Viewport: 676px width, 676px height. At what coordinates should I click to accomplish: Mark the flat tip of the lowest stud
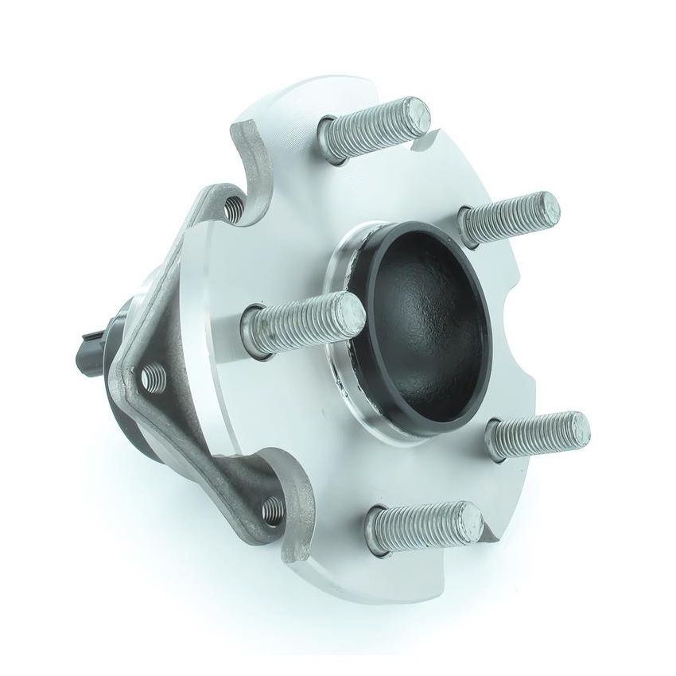pos(468,517)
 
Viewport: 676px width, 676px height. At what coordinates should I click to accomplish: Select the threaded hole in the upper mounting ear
pos(234,209)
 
